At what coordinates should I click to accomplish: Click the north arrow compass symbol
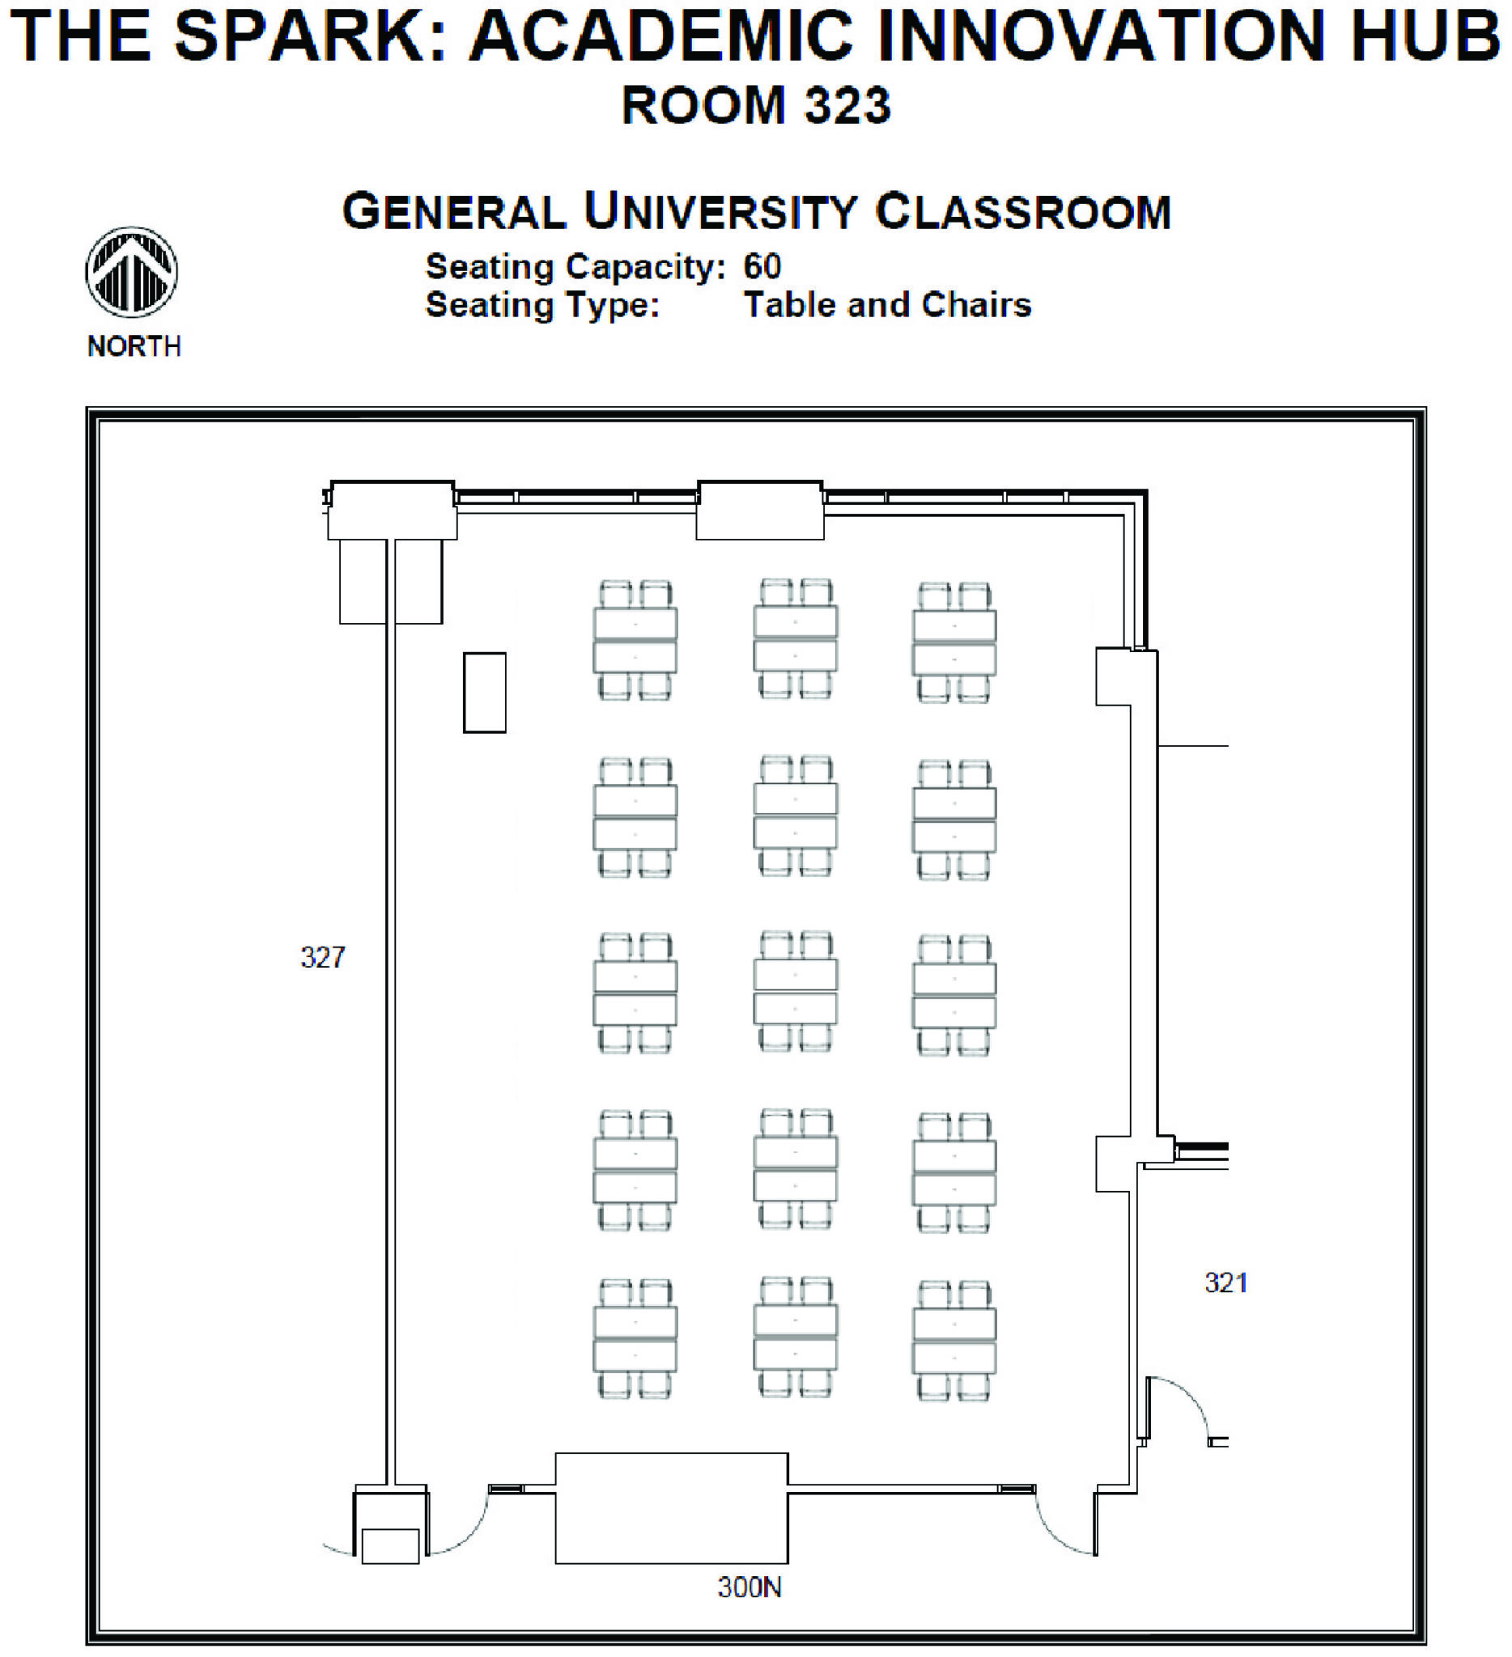pyautogui.click(x=132, y=272)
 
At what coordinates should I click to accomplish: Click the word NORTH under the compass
pyautogui.click(x=134, y=346)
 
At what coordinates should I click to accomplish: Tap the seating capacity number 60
pyautogui.click(x=762, y=266)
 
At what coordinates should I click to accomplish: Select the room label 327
pyautogui.click(x=322, y=956)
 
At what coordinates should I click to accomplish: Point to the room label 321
pyautogui.click(x=1225, y=1282)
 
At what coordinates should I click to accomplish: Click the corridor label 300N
pyautogui.click(x=749, y=1587)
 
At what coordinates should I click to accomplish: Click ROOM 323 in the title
pyautogui.click(x=755, y=105)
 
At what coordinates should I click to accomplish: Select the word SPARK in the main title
pyautogui.click(x=311, y=36)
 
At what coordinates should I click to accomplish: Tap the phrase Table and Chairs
pyautogui.click(x=886, y=305)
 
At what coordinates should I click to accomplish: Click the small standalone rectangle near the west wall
pyautogui.click(x=484, y=692)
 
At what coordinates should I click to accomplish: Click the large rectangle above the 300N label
pyautogui.click(x=671, y=1507)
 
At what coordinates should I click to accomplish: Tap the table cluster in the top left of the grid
pyautogui.click(x=635, y=640)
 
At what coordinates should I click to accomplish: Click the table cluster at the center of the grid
pyautogui.click(x=795, y=992)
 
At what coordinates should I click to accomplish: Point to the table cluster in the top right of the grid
pyautogui.click(x=953, y=642)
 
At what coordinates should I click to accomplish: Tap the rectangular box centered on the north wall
pyautogui.click(x=760, y=511)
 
